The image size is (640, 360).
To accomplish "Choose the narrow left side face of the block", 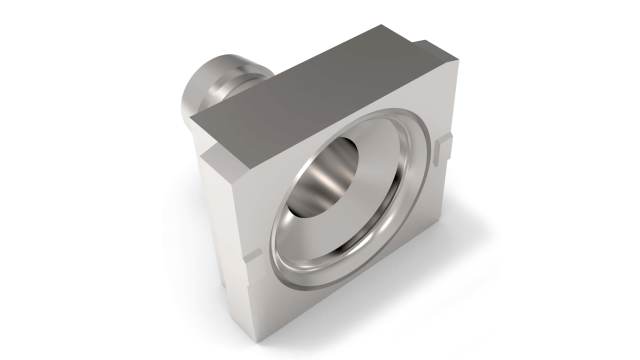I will [215, 220].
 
